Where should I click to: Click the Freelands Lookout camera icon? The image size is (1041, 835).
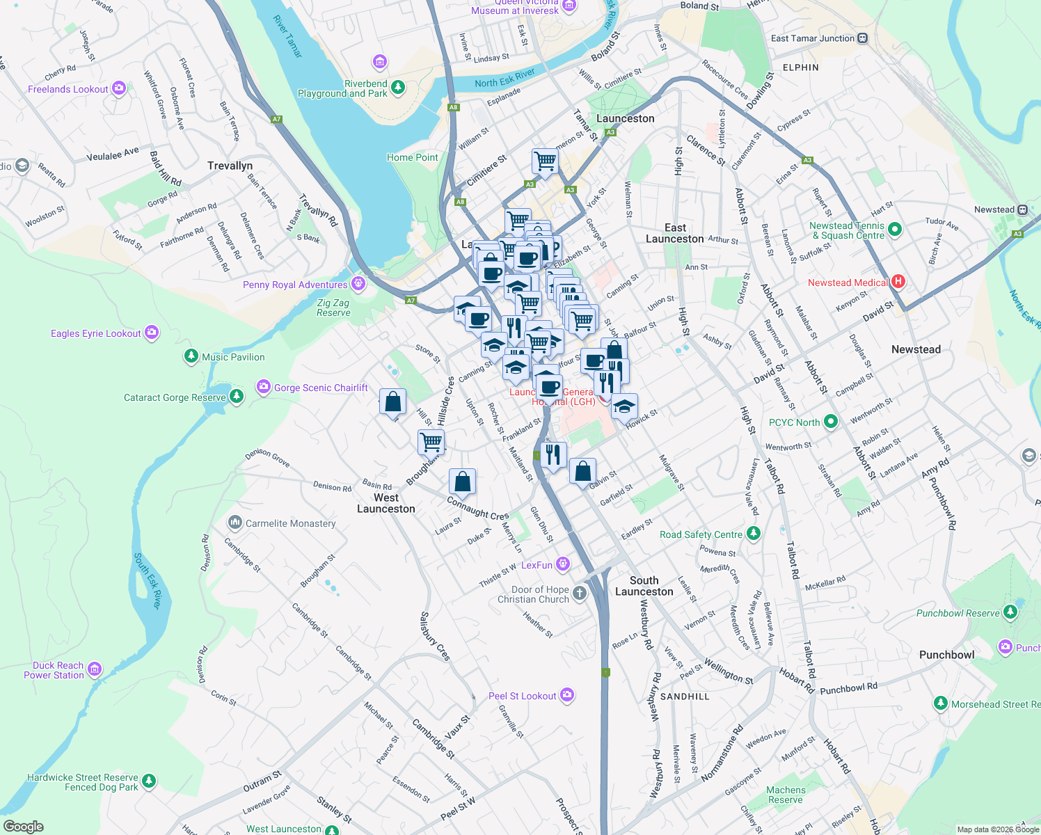coord(119,88)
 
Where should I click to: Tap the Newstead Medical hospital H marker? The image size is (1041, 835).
coord(898,282)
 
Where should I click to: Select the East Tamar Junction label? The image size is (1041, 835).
coord(812,38)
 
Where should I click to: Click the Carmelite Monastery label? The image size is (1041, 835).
coord(290,523)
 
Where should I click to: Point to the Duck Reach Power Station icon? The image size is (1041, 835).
coord(95,669)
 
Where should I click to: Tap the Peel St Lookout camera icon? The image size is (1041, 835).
coord(567,695)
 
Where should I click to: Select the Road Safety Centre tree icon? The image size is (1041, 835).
coord(753,534)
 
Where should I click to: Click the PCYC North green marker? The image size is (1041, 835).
coord(830,422)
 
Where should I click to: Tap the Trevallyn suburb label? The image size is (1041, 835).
coord(230,166)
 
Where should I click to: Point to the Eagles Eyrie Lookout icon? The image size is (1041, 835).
coord(152,333)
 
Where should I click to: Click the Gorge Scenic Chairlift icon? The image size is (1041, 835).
coord(263,387)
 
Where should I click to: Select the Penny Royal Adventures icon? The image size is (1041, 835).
coord(358,284)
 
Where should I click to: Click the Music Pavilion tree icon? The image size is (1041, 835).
coord(191,357)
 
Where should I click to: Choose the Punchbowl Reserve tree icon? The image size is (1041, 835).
coord(1010,613)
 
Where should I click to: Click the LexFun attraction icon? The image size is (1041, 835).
coord(563,564)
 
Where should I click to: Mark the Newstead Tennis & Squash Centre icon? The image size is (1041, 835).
coord(895,230)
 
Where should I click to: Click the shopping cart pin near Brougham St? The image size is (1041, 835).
coord(431,441)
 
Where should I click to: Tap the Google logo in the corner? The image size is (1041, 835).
coord(23,826)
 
